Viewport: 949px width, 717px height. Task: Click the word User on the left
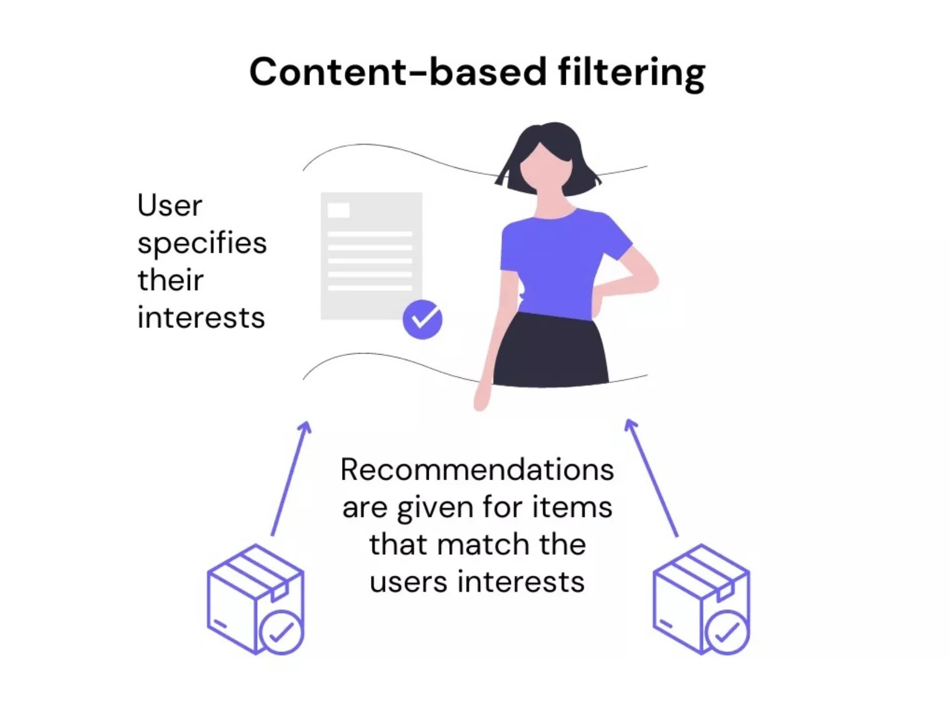tap(169, 206)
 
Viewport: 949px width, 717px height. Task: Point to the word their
tap(170, 280)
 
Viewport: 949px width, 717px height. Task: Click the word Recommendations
tap(477, 470)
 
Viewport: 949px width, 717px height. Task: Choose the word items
tap(572, 507)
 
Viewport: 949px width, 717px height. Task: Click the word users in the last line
tap(408, 582)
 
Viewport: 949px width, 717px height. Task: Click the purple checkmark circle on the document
tap(423, 320)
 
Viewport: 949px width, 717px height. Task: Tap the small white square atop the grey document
tap(339, 210)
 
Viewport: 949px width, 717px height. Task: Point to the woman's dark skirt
tap(550, 350)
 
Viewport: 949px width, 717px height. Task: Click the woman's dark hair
tap(547, 153)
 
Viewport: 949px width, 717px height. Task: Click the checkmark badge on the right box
tap(726, 632)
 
